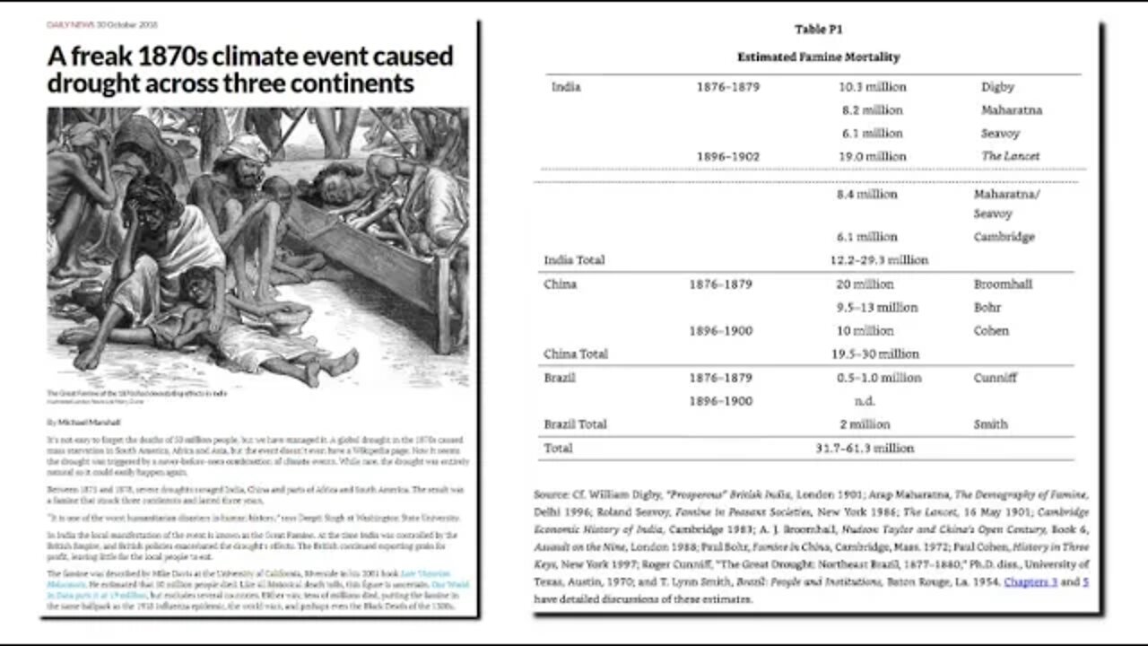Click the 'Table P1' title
(817, 30)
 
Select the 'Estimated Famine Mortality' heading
(818, 57)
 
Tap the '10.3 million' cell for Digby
(872, 87)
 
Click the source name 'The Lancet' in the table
(1010, 156)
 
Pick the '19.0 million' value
(872, 156)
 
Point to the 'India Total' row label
(574, 260)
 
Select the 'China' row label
(561, 284)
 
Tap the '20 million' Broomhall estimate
(865, 284)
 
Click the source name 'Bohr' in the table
(987, 308)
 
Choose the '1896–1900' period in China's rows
(720, 331)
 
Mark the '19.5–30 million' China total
(874, 354)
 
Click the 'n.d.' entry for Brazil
(865, 401)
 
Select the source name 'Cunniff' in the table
(995, 378)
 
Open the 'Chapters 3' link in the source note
(1031, 582)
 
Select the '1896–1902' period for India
(727, 156)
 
